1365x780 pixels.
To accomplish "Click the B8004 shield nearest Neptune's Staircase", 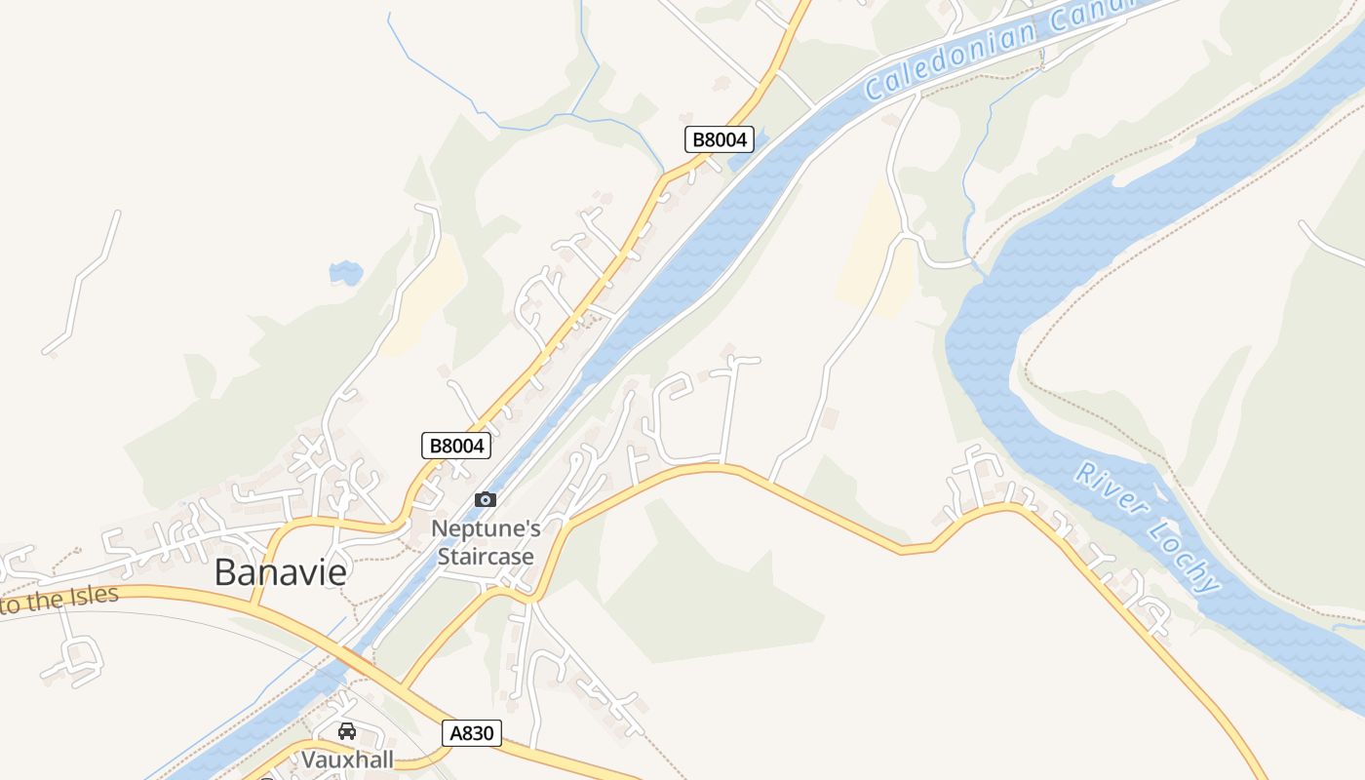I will pyautogui.click(x=456, y=446).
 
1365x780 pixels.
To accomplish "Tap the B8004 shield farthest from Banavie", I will pyautogui.click(x=719, y=139).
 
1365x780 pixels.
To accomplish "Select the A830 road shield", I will pyautogui.click(x=472, y=733).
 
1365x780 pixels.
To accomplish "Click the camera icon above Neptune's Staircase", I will pyautogui.click(x=485, y=499).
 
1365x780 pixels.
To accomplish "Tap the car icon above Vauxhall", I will pyautogui.click(x=346, y=730).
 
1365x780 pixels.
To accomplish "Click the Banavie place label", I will pyautogui.click(x=280, y=572).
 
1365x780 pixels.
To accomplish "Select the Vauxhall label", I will pyautogui.click(x=346, y=759).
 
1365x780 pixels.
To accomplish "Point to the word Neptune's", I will pyautogui.click(x=486, y=528).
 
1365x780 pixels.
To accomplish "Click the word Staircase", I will pyautogui.click(x=486, y=557).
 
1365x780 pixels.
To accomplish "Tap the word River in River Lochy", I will pyautogui.click(x=1109, y=492).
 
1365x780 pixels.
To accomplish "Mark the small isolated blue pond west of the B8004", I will pyautogui.click(x=345, y=273).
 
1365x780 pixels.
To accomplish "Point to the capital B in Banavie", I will pyautogui.click(x=225, y=572).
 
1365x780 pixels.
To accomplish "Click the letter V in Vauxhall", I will pyautogui.click(x=309, y=759).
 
